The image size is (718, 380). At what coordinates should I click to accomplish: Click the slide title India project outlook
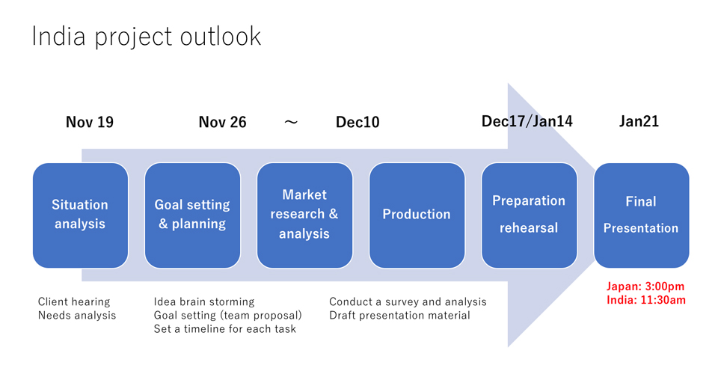coord(146,37)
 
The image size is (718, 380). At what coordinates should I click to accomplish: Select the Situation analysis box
coord(80,215)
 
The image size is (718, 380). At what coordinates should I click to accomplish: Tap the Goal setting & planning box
coord(192,215)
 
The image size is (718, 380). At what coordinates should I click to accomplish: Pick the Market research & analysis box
coord(304,215)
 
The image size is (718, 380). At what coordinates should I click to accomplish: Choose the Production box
coord(417,215)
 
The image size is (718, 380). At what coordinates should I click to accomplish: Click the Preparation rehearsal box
coord(529,215)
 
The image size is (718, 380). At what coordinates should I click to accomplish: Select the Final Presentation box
coord(641,215)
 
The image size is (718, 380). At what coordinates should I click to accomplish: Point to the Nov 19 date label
coord(90,122)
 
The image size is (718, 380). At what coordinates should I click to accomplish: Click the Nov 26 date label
coord(223,122)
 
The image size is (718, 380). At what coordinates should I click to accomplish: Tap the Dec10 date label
coord(358,122)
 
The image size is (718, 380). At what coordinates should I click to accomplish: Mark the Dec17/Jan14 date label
coord(527,121)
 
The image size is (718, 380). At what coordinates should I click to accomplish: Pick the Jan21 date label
coord(639,121)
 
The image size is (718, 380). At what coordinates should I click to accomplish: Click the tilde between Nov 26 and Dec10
coord(291,122)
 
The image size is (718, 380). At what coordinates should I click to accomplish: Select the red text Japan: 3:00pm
coord(645,286)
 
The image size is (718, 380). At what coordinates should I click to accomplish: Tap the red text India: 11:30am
coord(646,301)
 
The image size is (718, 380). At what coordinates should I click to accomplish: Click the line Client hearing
coord(74,301)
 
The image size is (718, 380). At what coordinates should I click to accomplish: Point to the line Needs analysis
coord(77,316)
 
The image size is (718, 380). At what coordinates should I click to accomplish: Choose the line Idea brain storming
coord(204,301)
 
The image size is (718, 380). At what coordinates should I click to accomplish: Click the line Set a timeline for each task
coord(225,328)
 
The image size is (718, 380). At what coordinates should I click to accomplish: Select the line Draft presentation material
coord(399,316)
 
